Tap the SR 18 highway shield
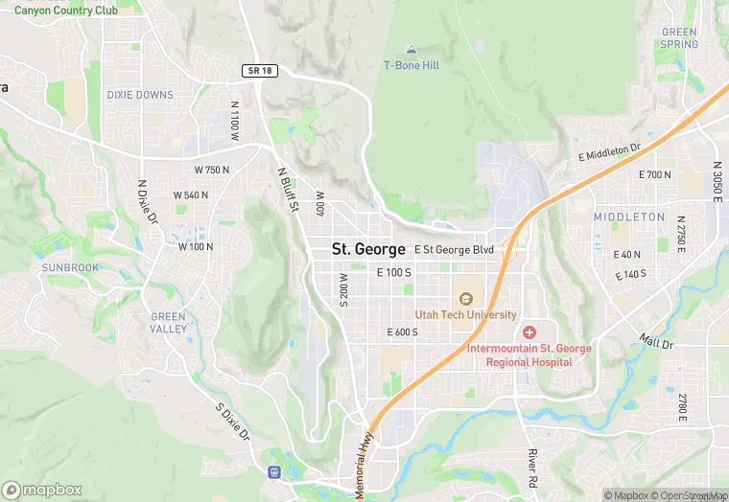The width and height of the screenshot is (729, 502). [259, 72]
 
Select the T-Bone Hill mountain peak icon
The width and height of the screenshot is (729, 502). [412, 49]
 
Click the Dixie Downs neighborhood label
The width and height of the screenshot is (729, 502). [141, 95]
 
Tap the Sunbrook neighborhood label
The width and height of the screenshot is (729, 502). [69, 267]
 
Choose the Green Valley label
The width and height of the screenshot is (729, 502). [168, 323]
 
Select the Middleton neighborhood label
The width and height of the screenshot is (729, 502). [628, 217]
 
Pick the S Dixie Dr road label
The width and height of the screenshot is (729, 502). [232, 422]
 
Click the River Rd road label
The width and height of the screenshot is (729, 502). [532, 468]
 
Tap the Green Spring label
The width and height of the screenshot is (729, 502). [679, 38]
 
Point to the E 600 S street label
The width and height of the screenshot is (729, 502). [402, 332]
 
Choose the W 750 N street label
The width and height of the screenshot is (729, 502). [212, 170]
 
